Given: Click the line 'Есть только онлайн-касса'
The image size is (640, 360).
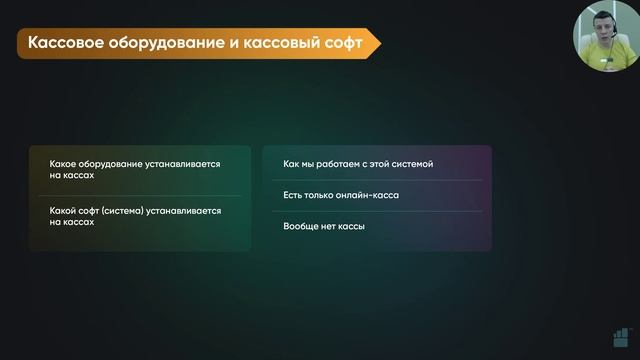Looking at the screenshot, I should click(341, 195).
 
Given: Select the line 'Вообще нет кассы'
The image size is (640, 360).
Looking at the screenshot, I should click(324, 226).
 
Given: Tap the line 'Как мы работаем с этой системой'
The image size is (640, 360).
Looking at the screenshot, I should click(358, 163).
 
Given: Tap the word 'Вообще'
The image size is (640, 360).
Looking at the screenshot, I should click(303, 226).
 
